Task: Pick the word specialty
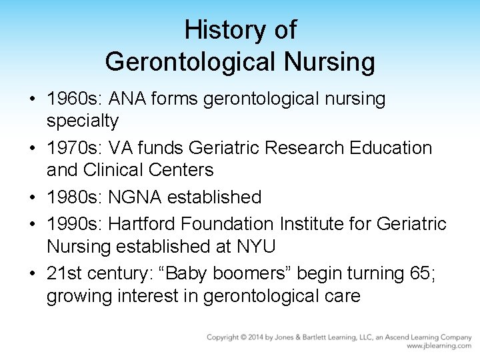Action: pos(83,121)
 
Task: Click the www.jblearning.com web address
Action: pos(439,346)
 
